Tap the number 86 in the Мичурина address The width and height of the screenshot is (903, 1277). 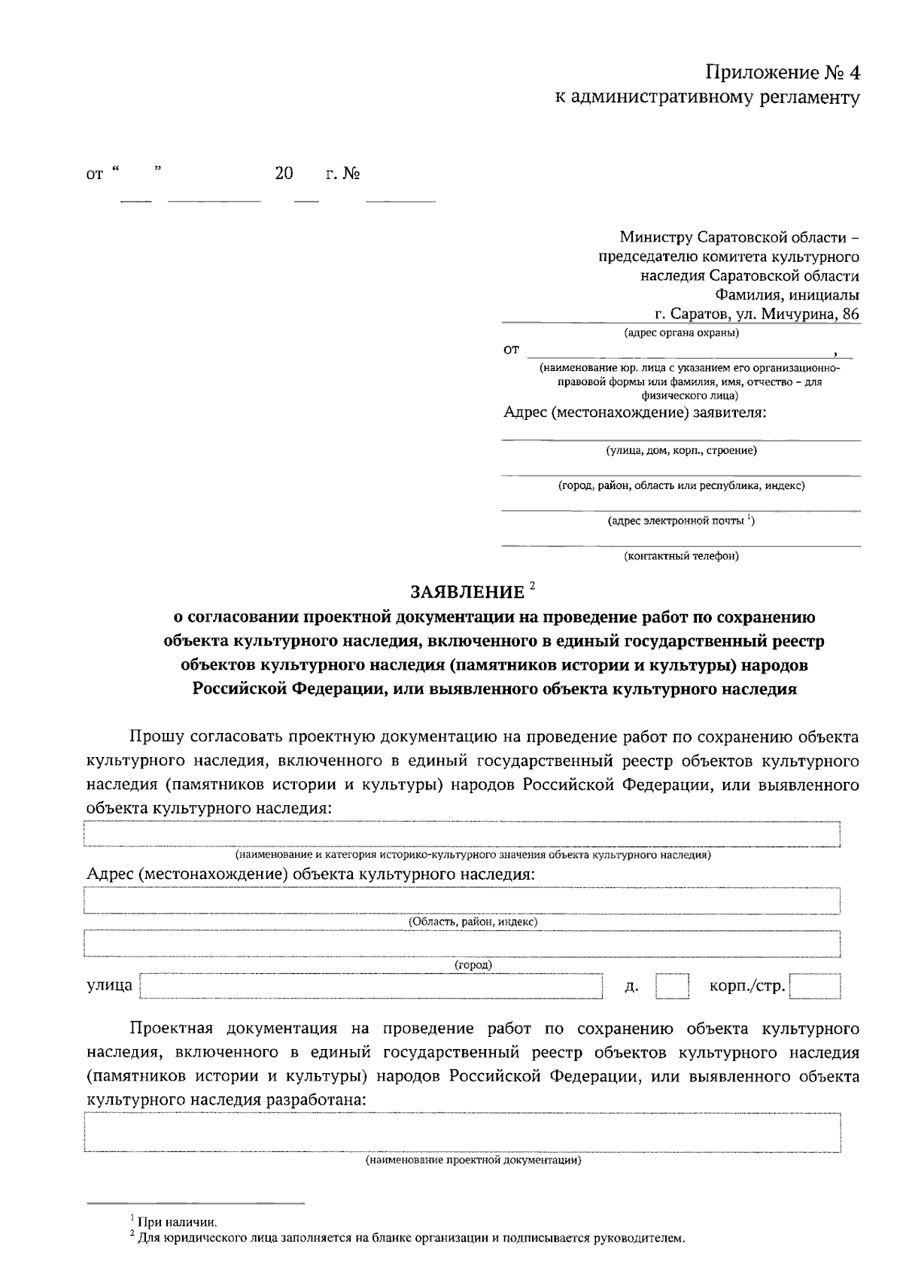[850, 315]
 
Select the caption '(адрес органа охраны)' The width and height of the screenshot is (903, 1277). [681, 333]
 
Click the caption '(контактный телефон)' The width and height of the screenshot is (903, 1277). [681, 556]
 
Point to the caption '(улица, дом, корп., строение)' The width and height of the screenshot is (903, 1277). [681, 450]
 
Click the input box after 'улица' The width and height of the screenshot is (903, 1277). [372, 986]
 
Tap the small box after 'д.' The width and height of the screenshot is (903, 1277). [671, 986]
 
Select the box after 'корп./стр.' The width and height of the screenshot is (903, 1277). [814, 986]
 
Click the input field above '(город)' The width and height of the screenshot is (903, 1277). [462, 944]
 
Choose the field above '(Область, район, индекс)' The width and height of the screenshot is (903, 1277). [462, 901]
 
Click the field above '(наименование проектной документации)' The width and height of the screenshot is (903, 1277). [462, 1133]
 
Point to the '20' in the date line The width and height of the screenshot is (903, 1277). [284, 174]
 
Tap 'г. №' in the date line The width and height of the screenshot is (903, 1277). [342, 174]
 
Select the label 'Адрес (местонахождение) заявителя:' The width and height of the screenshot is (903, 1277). [634, 412]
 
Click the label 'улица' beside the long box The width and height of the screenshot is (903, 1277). [110, 985]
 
